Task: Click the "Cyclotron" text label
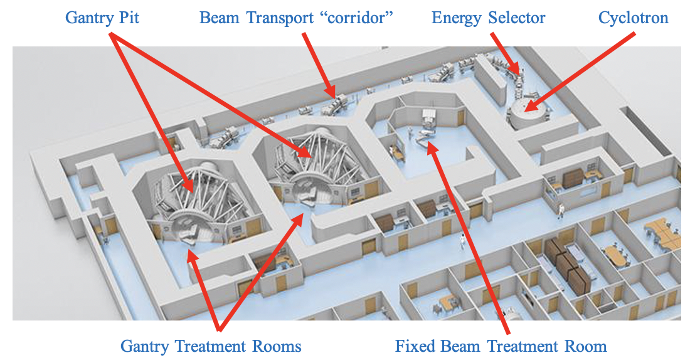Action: click(633, 17)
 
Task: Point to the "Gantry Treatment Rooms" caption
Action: click(211, 346)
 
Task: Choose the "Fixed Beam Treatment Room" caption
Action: click(501, 346)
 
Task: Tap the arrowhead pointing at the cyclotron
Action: click(529, 107)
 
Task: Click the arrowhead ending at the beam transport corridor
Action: click(330, 95)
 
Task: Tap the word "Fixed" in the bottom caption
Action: click(415, 346)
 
